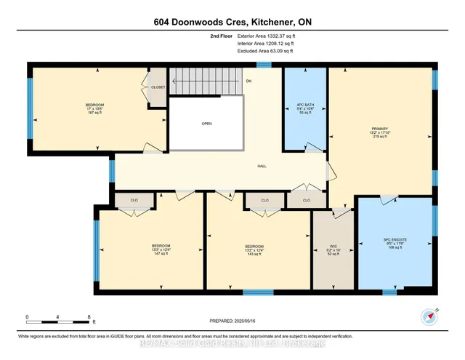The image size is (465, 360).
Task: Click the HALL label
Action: (x=262, y=166)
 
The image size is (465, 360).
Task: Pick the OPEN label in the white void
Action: (x=207, y=124)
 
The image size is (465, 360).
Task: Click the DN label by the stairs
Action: (x=248, y=81)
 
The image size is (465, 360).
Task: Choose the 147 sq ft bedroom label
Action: (x=161, y=250)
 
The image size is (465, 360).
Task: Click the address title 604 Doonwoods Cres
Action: (x=232, y=21)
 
